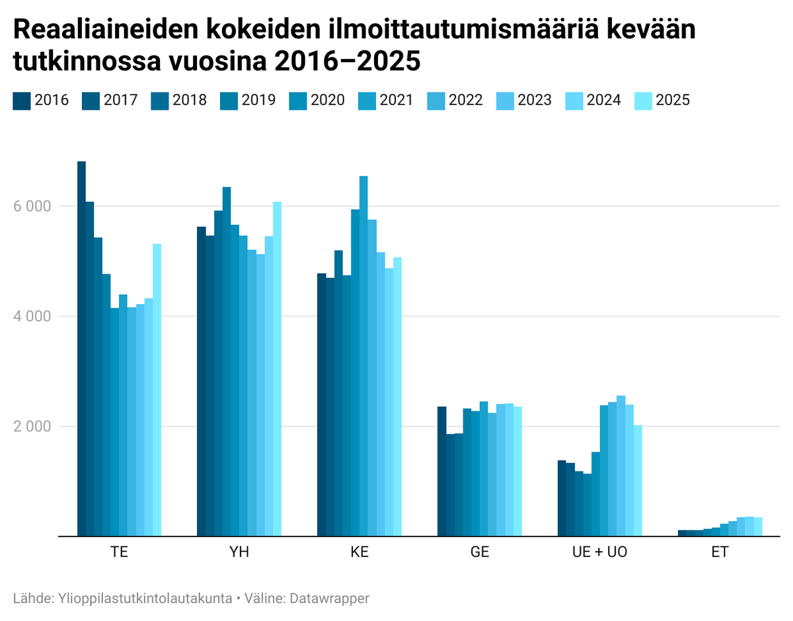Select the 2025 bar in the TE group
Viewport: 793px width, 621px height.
[157, 390]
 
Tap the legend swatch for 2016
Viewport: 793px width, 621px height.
[21, 101]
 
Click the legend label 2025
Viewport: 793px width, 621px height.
[673, 101]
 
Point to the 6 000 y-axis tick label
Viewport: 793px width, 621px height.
[32, 206]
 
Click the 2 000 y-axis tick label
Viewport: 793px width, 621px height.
[32, 427]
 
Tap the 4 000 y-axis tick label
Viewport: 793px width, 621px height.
[32, 317]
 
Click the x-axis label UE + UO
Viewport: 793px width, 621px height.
[600, 552]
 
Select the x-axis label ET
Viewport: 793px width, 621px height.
[720, 552]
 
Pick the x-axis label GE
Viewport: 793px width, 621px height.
[480, 552]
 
